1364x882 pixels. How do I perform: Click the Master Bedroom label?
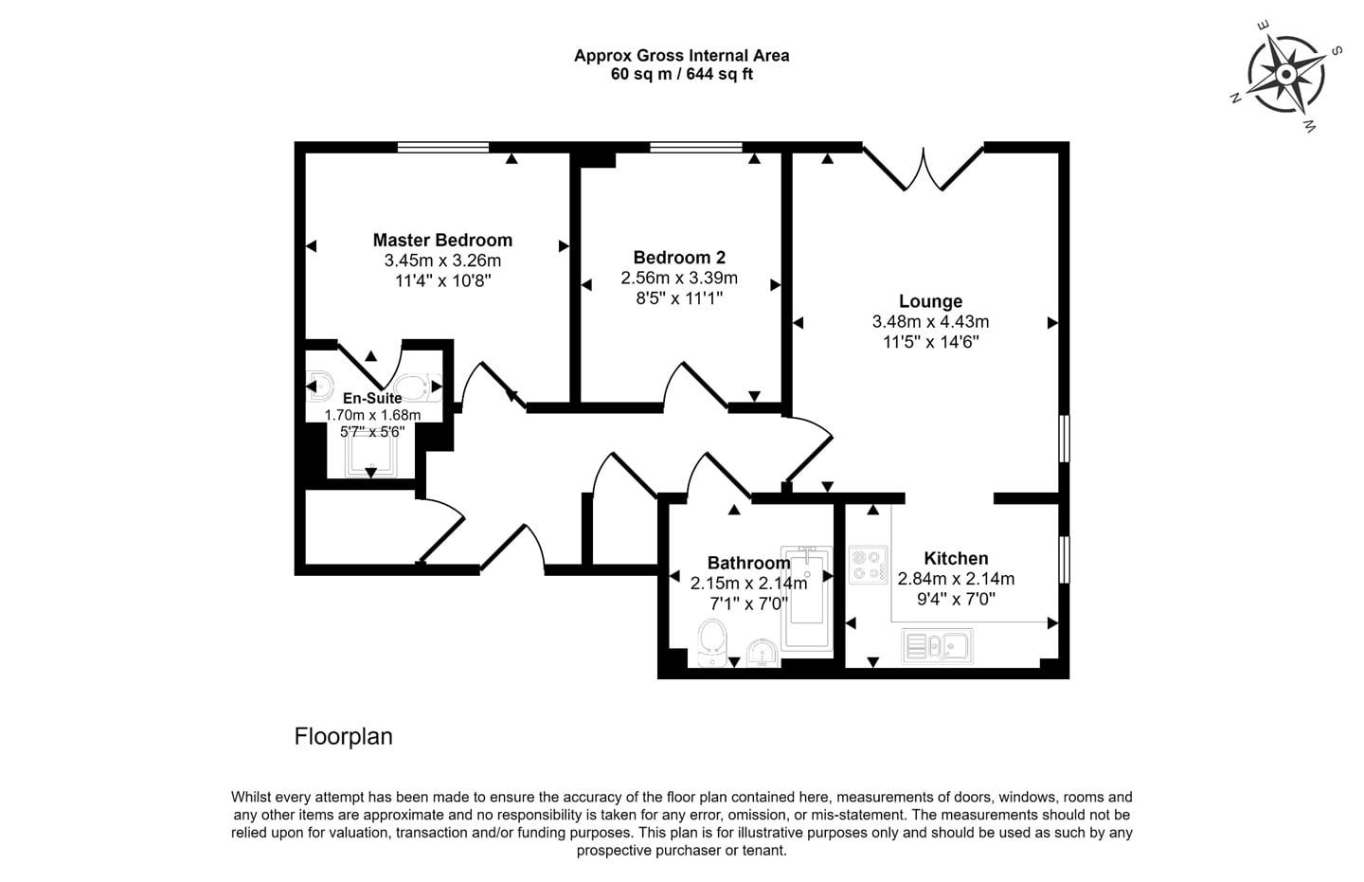[x=442, y=240]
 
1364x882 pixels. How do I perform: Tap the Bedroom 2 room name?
[x=679, y=258]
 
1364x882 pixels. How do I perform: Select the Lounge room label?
[x=930, y=301]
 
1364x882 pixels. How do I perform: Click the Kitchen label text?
[x=956, y=559]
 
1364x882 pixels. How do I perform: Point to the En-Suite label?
[x=372, y=398]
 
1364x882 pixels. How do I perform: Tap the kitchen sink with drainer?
[x=937, y=646]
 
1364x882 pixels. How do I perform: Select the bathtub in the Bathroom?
[x=806, y=598]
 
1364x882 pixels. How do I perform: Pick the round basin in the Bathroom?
[x=762, y=654]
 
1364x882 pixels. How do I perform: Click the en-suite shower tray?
[x=371, y=456]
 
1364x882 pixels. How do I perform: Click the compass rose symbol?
[x=1286, y=76]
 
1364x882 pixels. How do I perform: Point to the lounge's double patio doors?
[x=924, y=168]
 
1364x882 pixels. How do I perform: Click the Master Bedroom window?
[x=443, y=147]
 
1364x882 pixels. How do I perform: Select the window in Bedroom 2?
[x=696, y=147]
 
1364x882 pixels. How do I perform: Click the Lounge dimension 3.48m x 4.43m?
[x=930, y=321]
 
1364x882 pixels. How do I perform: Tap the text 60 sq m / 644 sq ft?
[x=682, y=74]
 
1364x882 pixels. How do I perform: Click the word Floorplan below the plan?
[x=344, y=736]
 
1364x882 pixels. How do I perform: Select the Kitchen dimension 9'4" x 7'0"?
[x=956, y=600]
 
